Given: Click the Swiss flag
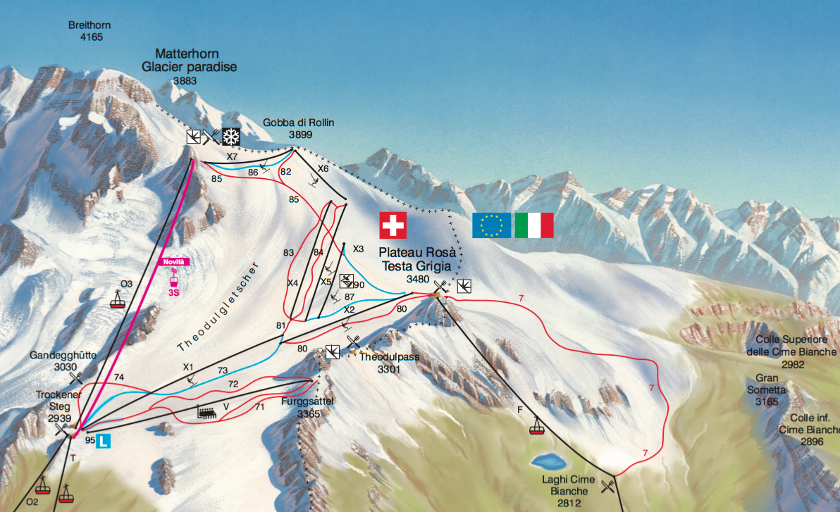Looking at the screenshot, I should pyautogui.click(x=393, y=225).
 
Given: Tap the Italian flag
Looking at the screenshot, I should pyautogui.click(x=534, y=225).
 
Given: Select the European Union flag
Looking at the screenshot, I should pyautogui.click(x=492, y=225).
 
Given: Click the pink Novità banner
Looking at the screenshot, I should pyautogui.click(x=174, y=262).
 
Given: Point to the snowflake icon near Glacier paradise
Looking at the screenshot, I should pyautogui.click(x=230, y=137).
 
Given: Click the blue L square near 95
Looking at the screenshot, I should pyautogui.click(x=104, y=442).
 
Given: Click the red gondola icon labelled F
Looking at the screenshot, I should pyautogui.click(x=538, y=425).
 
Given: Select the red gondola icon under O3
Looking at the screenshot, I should pyautogui.click(x=118, y=301).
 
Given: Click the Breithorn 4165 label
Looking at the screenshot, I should pyautogui.click(x=89, y=31).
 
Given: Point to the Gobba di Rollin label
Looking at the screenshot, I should pyautogui.click(x=299, y=123).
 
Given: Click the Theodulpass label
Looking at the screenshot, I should pyautogui.click(x=389, y=357).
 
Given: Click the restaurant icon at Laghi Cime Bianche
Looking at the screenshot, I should pyautogui.click(x=607, y=485).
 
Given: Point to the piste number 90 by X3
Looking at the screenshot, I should pyautogui.click(x=359, y=285).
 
